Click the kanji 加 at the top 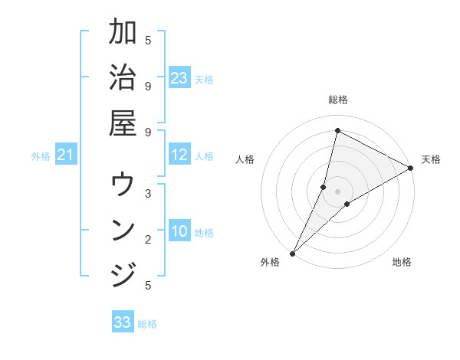coord(123,33)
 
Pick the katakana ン coord(123,230)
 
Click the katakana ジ coord(123,274)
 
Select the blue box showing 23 coord(179,78)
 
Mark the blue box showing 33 coord(123,322)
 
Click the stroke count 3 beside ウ coord(148,194)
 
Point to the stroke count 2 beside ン coord(148,240)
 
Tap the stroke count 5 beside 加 coord(148,40)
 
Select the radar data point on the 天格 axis coord(411,169)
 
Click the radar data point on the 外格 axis coord(292,253)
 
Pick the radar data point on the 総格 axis coord(337,130)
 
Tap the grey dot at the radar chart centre coord(337,191)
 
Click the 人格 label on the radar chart coord(245,159)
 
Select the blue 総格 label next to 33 coord(147,324)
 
